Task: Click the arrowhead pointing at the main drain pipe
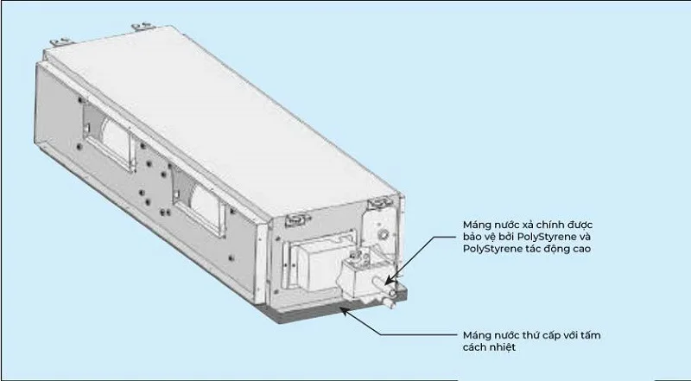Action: [x=388, y=281]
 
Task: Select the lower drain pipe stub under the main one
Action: [x=390, y=302]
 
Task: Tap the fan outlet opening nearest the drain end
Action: [x=199, y=202]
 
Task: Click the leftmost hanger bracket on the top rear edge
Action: [x=58, y=42]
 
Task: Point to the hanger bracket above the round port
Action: [x=379, y=203]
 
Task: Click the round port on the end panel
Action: [x=384, y=233]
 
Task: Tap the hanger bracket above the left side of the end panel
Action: [x=297, y=219]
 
